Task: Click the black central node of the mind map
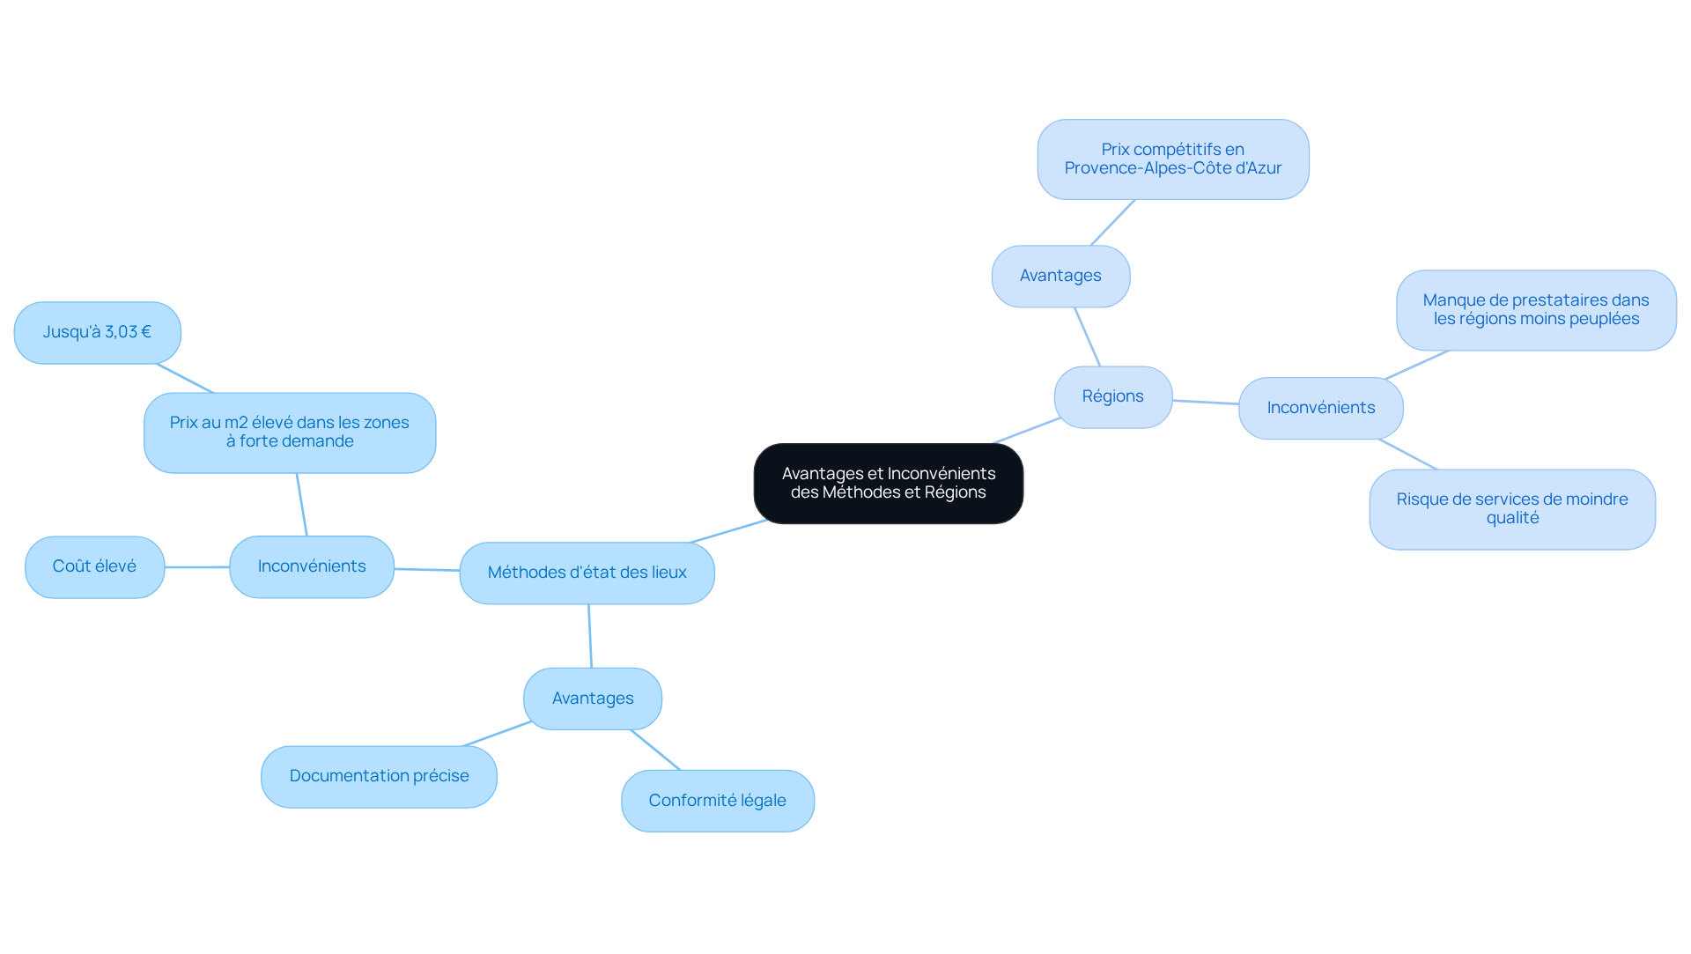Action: tap(888, 484)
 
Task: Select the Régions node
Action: tap(1113, 397)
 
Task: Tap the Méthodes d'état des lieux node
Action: tap(587, 573)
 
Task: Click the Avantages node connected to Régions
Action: tap(1060, 276)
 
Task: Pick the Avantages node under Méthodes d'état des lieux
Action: tap(593, 699)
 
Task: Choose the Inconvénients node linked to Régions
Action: tap(1321, 408)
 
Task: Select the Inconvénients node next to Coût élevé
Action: tap(312, 566)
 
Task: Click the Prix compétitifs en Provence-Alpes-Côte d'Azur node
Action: tap(1173, 159)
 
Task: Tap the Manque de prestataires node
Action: tap(1536, 310)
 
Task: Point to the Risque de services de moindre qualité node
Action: tap(1512, 509)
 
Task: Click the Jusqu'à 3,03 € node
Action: tap(98, 333)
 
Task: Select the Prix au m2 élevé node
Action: tap(290, 433)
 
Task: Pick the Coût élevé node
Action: tap(94, 567)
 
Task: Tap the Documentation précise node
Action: tap(379, 777)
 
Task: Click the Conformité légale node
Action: tap(718, 801)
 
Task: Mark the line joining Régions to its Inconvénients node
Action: tap(1206, 403)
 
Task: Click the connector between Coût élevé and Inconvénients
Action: tap(197, 567)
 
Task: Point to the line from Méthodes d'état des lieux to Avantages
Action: tap(590, 636)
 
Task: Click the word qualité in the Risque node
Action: tap(1512, 518)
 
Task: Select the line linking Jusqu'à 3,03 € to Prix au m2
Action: tap(185, 378)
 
